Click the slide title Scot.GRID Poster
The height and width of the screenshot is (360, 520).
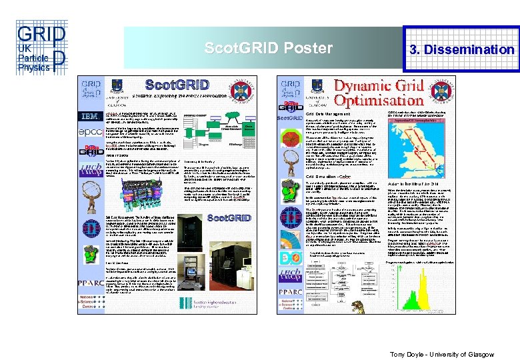[x=269, y=49]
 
